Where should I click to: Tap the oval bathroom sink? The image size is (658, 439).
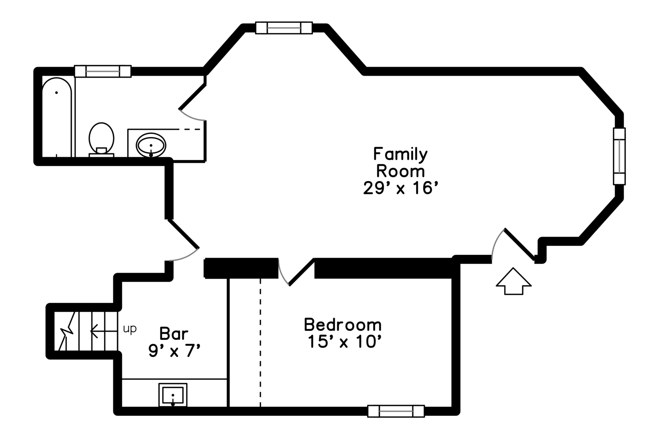point(151,145)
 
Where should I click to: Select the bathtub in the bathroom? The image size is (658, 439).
point(57,117)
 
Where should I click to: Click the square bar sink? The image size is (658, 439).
point(173,395)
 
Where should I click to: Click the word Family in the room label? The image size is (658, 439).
point(400,154)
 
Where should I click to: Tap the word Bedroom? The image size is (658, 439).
point(343,325)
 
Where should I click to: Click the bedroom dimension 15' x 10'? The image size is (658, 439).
point(344,341)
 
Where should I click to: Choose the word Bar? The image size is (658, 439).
point(173,333)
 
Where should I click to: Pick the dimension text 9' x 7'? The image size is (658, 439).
point(175,350)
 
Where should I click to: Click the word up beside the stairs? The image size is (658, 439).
point(130,329)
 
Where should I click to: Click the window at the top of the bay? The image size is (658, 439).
point(284,28)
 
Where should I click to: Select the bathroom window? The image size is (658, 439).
point(102,71)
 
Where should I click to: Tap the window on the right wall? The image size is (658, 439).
point(619,156)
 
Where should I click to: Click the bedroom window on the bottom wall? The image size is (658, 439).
point(396,411)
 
